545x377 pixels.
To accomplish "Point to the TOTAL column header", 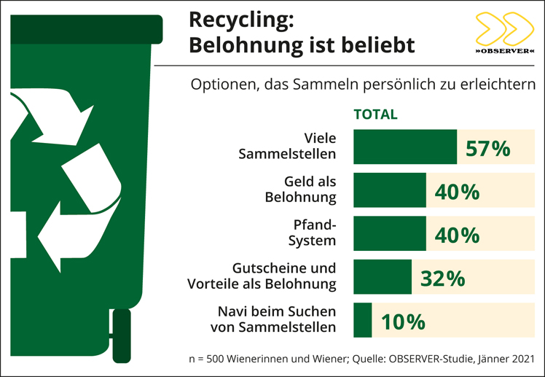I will pos(375,114).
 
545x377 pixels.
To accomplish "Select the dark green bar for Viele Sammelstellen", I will pos(404,147).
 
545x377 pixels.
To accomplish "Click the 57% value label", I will pos(487,148).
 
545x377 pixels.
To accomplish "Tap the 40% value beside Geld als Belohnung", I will pos(457,192).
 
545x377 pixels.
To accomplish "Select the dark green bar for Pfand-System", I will pos(389,233).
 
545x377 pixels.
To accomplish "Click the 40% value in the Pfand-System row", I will pos(457,236).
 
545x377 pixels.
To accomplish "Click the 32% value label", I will pos(442,279).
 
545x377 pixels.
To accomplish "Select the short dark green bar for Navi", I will pos(362,320).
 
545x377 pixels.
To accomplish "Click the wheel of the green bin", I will pos(121,335).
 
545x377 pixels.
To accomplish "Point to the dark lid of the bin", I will pos(85,28).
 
